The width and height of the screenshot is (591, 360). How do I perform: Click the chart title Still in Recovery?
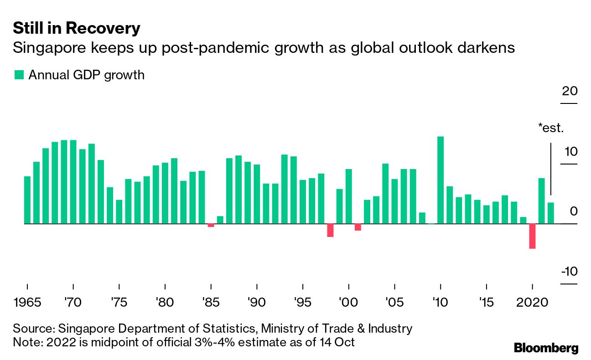(77, 28)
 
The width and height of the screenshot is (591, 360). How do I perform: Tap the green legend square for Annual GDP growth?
(19, 75)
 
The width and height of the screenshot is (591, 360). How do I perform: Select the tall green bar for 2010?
(441, 180)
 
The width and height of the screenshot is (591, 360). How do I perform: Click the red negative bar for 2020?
(532, 236)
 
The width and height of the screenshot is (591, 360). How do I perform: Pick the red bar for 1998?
(330, 230)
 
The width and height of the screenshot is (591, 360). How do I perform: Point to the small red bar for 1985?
(211, 225)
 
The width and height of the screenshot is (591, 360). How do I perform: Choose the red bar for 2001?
(358, 227)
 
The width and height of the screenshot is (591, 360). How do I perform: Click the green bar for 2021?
(541, 201)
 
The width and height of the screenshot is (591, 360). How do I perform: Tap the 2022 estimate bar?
(550, 213)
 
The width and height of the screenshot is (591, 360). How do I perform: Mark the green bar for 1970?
(73, 182)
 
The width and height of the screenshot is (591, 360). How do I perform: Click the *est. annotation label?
(551, 128)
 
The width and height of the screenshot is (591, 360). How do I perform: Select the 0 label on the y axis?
(573, 211)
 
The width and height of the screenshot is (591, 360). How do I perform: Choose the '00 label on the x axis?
(348, 302)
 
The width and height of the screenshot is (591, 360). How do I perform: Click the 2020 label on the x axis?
(532, 302)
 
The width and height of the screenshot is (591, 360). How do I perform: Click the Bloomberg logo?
(546, 348)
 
